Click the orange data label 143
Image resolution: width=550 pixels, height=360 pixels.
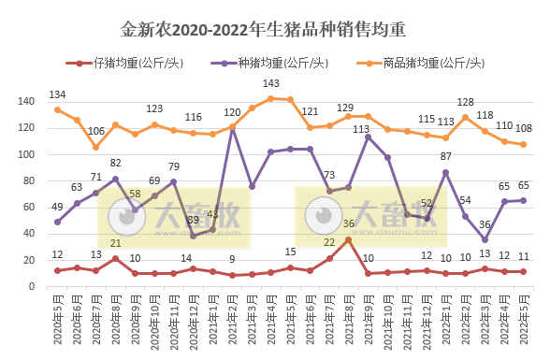tap(270, 84)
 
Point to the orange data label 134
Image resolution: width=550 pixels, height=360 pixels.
tap(57, 94)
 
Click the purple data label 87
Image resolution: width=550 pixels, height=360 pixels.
tap(446, 156)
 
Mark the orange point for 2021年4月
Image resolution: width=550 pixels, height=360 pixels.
tap(270, 98)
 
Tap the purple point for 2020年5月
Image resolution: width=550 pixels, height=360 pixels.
tap(58, 222)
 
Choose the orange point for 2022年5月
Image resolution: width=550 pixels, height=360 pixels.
tap(524, 144)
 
